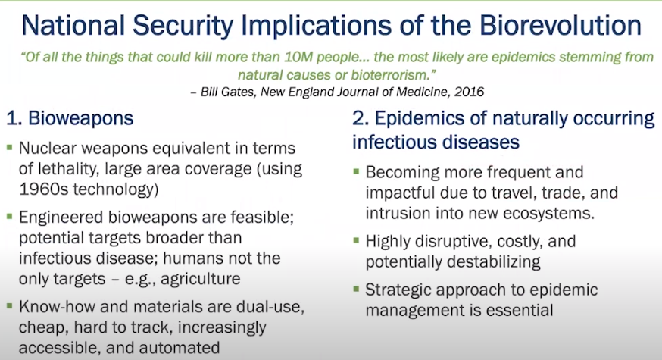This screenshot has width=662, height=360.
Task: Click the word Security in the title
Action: pyautogui.click(x=183, y=27)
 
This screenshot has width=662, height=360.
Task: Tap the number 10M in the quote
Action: pyautogui.click(x=298, y=57)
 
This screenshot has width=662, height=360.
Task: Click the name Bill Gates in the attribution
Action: pyautogui.click(x=228, y=92)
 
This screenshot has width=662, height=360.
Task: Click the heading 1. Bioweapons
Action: pyautogui.click(x=70, y=118)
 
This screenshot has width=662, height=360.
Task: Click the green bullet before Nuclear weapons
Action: pyautogui.click(x=10, y=148)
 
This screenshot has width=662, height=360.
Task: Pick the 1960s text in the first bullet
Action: pyautogui.click(x=44, y=189)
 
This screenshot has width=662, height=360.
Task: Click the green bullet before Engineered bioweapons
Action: pyautogui.click(x=10, y=217)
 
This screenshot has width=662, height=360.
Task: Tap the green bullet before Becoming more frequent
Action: pyautogui.click(x=356, y=171)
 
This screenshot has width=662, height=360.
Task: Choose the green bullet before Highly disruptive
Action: pyautogui.click(x=356, y=241)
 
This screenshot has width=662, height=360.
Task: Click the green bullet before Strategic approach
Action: pyautogui.click(x=356, y=290)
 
